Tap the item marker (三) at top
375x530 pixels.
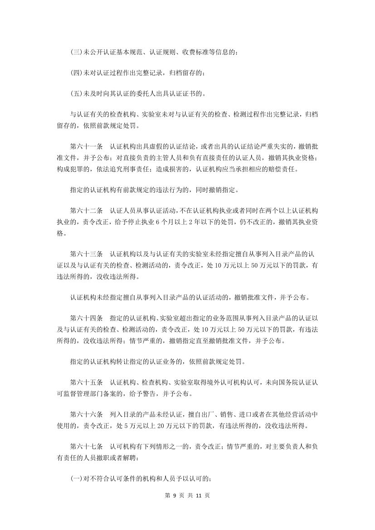point(76,52)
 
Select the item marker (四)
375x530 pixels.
point(76,73)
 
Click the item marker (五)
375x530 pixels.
point(76,94)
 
